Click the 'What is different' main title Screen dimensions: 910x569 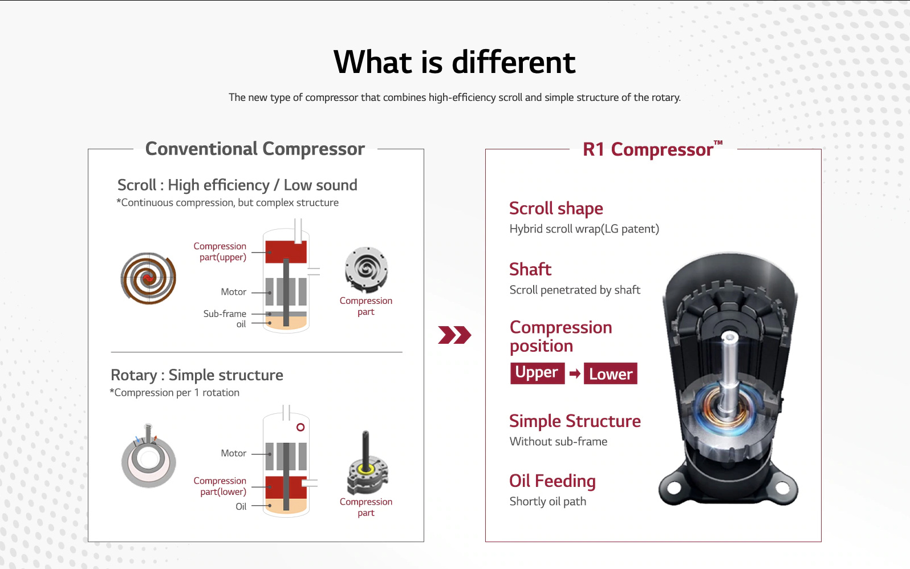(454, 62)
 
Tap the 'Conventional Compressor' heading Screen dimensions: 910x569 (255, 149)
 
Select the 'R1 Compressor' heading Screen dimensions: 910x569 (652, 149)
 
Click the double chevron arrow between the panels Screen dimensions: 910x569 (454, 335)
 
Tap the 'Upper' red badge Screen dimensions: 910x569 (537, 373)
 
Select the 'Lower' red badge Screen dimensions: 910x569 (610, 373)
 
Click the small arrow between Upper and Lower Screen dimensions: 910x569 (574, 373)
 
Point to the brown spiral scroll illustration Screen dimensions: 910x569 (148, 279)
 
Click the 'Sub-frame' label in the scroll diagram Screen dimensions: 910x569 (225, 314)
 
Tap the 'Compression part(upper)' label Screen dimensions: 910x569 (220, 251)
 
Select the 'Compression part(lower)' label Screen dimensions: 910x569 (220, 486)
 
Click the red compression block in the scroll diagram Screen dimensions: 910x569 (286, 252)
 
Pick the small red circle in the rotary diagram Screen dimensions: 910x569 (300, 427)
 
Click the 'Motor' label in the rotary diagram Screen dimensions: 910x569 (234, 453)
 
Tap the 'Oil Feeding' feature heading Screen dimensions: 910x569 (552, 481)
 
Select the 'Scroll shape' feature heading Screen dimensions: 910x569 (556, 208)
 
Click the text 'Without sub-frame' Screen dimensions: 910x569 (558, 441)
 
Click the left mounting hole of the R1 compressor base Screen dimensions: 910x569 (673, 488)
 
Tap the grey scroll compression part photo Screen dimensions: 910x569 (366, 269)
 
